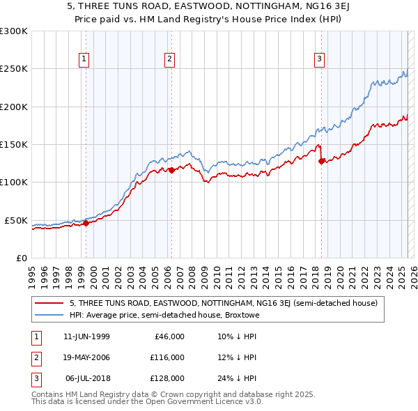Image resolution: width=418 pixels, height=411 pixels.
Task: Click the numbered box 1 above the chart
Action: (84, 59)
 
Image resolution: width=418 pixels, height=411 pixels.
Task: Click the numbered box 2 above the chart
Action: (169, 59)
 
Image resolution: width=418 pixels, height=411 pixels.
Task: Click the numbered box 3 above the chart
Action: (319, 59)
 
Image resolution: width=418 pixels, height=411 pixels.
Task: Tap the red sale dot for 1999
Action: (86, 224)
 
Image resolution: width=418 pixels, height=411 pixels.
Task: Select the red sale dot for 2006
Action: (171, 170)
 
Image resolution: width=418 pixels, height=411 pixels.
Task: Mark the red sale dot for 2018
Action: (321, 161)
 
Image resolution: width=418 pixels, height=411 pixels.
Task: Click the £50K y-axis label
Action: (16, 220)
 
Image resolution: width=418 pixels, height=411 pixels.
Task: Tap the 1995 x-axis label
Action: (32, 272)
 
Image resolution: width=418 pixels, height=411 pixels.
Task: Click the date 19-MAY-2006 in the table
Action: (86, 357)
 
